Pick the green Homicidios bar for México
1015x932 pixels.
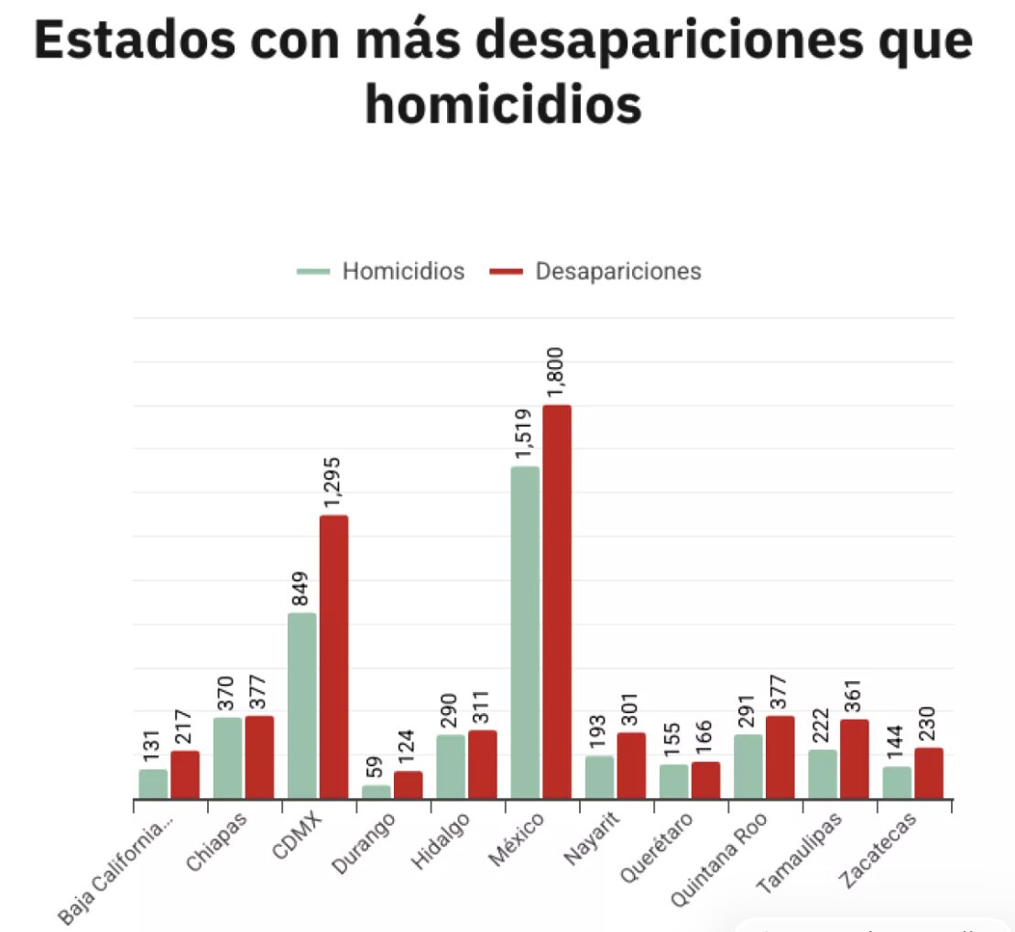coord(525,633)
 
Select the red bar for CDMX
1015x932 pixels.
coord(333,656)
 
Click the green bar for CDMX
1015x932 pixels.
coord(302,706)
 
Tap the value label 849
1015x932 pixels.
coord(301,589)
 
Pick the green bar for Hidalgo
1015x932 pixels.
coord(451,766)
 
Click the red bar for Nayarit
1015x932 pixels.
coord(631,765)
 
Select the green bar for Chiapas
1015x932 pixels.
coord(228,757)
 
